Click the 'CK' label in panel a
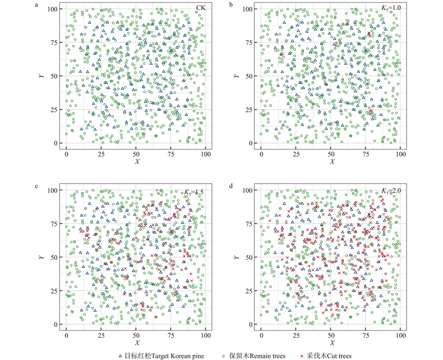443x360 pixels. click(200, 8)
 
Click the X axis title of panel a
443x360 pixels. click(136, 162)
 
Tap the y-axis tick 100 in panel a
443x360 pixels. click(56, 9)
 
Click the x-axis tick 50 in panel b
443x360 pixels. click(331, 152)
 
